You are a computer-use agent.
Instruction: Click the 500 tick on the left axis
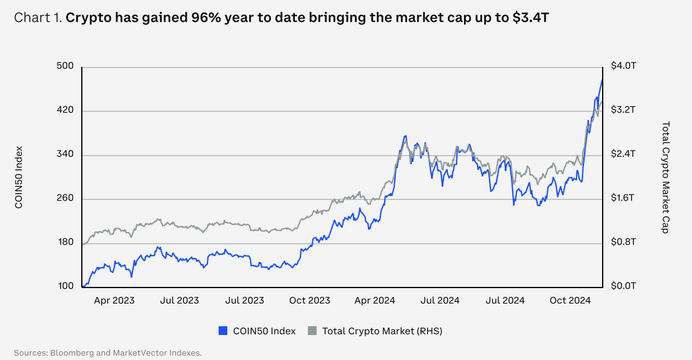point(65,66)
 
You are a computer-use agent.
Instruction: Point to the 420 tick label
point(65,111)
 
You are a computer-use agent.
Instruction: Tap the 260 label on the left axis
point(65,199)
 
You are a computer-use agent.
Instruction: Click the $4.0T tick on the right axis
point(623,66)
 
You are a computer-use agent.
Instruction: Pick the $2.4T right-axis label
point(623,154)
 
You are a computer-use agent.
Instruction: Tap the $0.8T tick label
point(623,242)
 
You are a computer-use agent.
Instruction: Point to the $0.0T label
point(623,286)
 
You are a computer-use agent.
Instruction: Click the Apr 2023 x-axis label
point(114,301)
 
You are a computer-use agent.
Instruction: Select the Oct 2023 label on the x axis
point(310,301)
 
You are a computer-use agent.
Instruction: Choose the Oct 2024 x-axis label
point(571,301)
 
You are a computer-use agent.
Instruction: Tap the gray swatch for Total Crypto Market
point(313,331)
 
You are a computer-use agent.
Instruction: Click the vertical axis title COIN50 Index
point(19,177)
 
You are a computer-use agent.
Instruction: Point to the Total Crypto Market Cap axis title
point(665,177)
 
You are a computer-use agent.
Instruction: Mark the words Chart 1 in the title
point(37,17)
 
